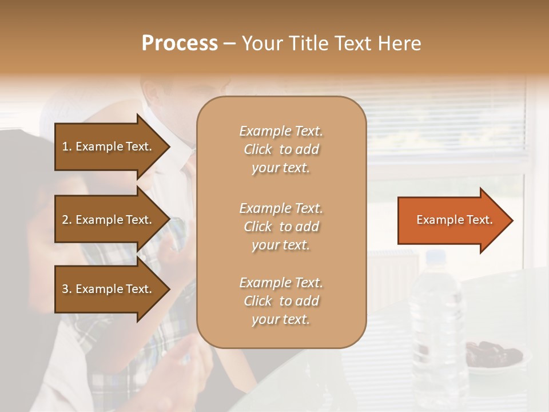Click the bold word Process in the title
click(x=180, y=43)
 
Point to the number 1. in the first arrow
click(x=67, y=146)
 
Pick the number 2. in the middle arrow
click(x=67, y=220)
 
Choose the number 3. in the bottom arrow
click(x=67, y=290)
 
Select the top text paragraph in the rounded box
click(x=281, y=149)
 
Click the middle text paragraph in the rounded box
click(x=281, y=227)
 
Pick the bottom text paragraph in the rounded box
click(x=281, y=301)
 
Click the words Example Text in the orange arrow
click(x=455, y=220)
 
